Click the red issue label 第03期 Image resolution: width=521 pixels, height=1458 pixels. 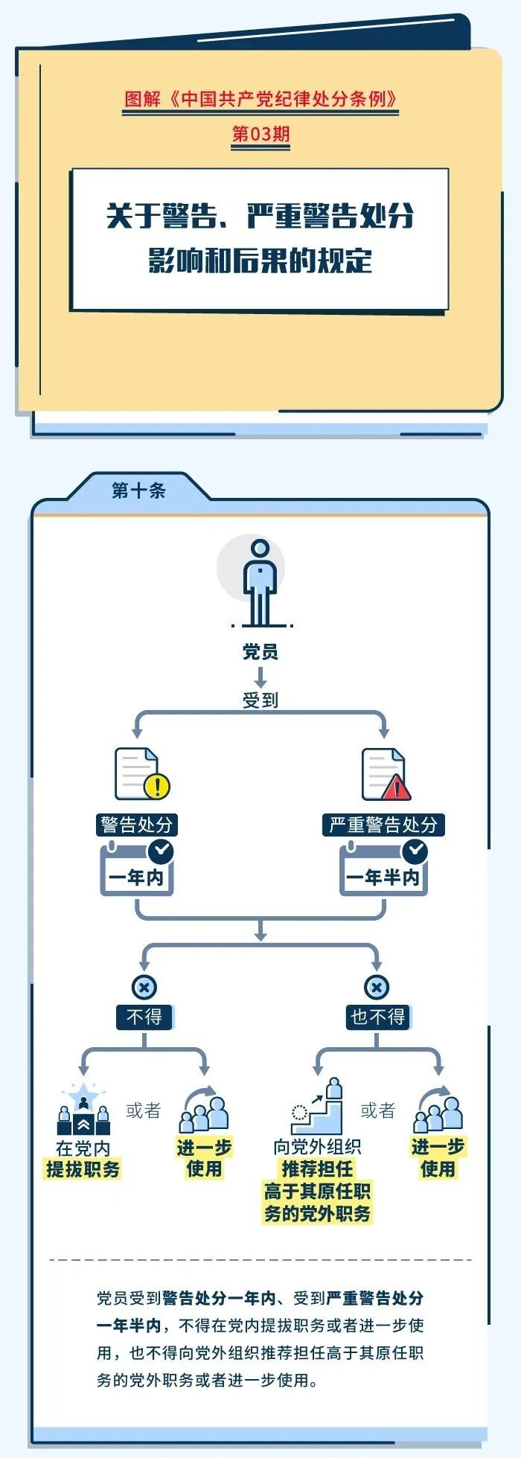coord(260,134)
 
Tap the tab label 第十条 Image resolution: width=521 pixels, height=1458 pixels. coord(138,490)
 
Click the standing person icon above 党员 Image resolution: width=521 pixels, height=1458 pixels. coord(260,582)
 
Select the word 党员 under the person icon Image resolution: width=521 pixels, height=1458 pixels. coord(260,652)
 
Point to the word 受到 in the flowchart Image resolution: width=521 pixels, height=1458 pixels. coord(260,700)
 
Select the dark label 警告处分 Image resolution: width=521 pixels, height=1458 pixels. coord(137,825)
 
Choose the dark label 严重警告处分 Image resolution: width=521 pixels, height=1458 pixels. coord(383,825)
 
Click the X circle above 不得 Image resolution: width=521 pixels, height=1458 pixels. coord(144,988)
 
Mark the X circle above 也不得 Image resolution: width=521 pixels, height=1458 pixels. coord(377,988)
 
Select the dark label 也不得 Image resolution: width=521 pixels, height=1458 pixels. coord(378,1017)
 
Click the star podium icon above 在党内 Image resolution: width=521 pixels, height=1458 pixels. coord(83,1110)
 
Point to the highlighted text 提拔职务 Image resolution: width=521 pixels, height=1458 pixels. coord(83,1169)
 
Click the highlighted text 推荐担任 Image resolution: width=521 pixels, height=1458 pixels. coord(318,1168)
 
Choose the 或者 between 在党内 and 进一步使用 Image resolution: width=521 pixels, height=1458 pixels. coord(144,1110)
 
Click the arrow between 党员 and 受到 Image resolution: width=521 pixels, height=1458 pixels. coord(260,677)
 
